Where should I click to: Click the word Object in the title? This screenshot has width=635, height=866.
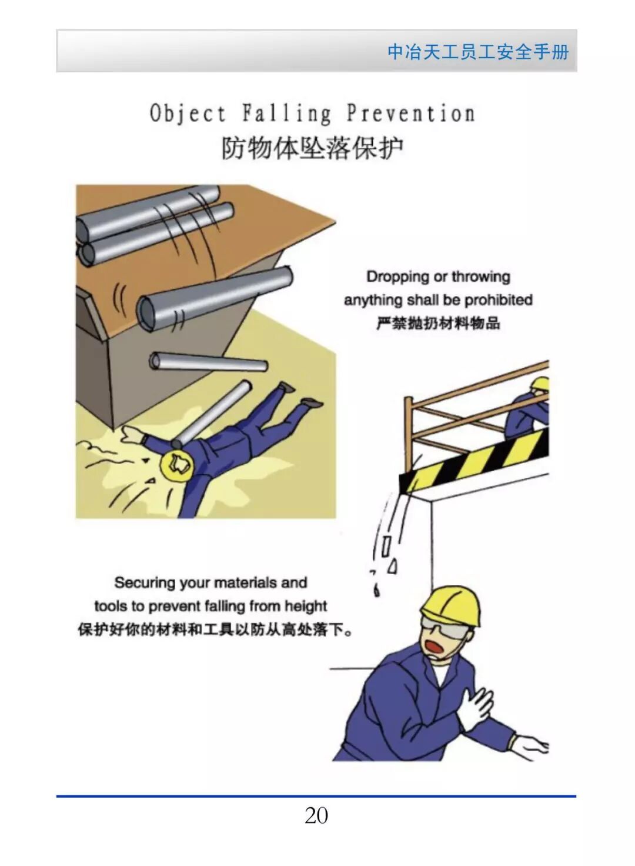188,114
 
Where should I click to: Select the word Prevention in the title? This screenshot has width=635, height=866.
410,114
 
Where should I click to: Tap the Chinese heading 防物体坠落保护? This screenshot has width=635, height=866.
312,148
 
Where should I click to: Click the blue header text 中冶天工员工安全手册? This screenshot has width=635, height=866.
478,52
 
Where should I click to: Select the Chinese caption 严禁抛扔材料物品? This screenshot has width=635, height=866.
438,323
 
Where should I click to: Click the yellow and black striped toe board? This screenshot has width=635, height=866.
474,460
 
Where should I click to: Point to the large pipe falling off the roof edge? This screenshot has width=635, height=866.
215,296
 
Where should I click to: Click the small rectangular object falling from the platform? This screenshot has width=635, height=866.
386,545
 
